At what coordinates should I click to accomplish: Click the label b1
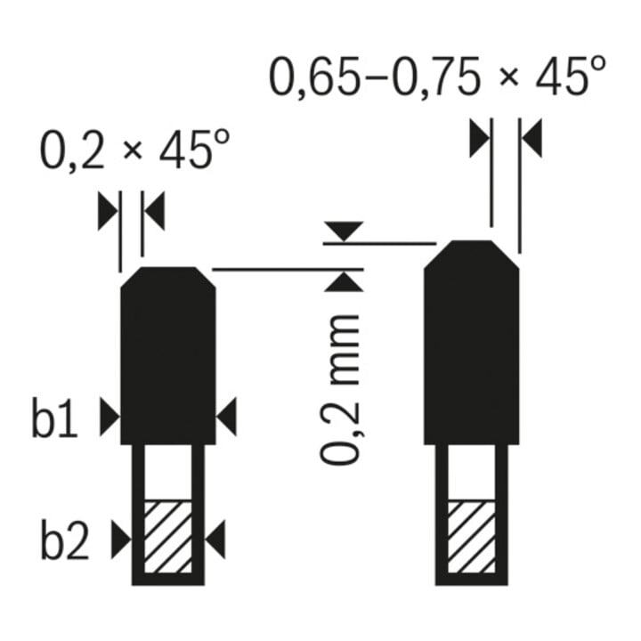pos(54,417)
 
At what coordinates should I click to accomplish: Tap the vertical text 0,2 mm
pos(340,390)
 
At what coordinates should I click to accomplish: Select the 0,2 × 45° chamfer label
pos(134,150)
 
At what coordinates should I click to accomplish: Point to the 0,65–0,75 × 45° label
pos(436,77)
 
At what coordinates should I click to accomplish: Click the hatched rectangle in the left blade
pos(168,536)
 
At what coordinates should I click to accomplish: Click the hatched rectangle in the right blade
pos(471,536)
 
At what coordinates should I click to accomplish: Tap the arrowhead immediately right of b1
pos(110,417)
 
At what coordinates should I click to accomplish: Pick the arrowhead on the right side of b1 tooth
pos(226,417)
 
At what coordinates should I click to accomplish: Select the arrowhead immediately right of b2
pos(121,540)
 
